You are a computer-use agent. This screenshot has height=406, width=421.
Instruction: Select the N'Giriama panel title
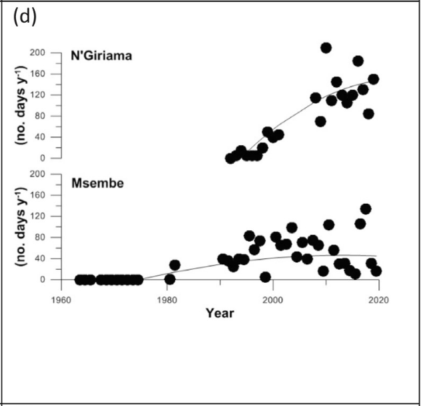point(102,55)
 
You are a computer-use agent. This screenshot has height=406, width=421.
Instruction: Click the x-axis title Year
point(220,313)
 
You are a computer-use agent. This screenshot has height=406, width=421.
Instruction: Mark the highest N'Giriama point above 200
point(326,48)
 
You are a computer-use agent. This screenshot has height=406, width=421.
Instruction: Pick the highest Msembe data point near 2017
point(365,209)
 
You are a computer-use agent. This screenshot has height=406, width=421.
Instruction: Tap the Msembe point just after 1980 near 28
point(175,265)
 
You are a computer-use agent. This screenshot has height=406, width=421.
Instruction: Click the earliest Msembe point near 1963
point(79,280)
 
